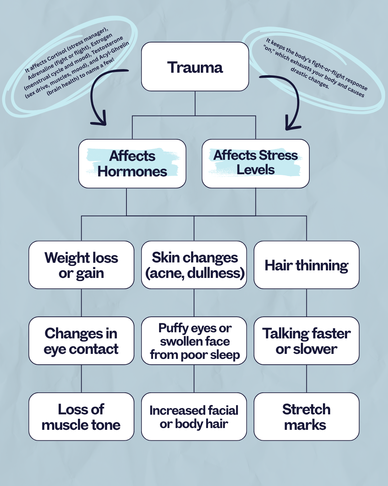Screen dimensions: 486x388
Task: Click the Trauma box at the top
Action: (195, 67)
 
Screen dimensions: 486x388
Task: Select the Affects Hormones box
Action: (132, 163)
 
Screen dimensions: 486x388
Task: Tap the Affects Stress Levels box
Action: (255, 163)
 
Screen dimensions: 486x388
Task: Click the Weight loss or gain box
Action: (81, 265)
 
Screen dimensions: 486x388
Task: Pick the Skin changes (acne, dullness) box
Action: (194, 265)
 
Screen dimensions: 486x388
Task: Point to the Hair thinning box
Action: (306, 265)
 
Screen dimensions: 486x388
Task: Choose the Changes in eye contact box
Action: (81, 341)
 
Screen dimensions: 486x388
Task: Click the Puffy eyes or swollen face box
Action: (194, 341)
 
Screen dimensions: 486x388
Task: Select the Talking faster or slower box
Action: (306, 341)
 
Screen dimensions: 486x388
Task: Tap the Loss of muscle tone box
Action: (81, 417)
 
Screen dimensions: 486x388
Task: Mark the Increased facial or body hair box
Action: (194, 417)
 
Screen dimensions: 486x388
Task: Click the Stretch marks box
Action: (306, 417)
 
